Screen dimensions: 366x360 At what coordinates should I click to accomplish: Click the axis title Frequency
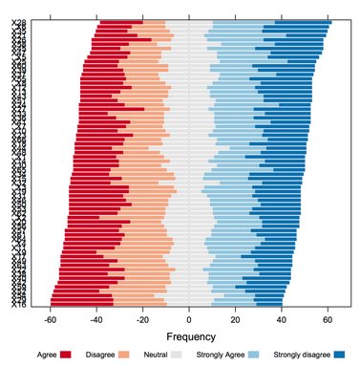(189, 337)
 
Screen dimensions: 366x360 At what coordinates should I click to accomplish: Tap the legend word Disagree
(100, 355)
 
